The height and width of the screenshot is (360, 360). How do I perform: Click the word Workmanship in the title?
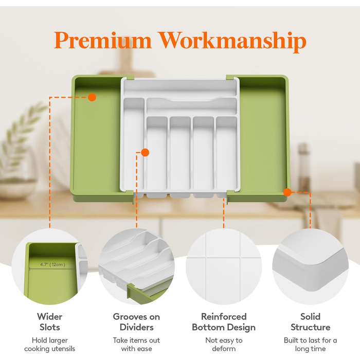[232, 42]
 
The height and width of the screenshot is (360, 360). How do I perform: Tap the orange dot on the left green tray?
[92, 97]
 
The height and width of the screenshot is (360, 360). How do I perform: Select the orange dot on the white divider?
[145, 152]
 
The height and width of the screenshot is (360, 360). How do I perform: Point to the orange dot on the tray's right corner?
[287, 192]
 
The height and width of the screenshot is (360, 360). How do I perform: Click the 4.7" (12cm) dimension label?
[53, 264]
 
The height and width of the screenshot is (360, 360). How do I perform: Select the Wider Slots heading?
[49, 322]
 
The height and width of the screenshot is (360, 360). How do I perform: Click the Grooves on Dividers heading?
[136, 322]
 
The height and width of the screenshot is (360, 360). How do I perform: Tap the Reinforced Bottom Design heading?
[224, 322]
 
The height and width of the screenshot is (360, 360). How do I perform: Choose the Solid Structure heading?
[311, 322]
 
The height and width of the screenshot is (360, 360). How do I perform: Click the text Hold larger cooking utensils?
[49, 345]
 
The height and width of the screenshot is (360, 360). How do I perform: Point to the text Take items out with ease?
[136, 345]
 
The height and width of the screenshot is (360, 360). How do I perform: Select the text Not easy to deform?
[224, 345]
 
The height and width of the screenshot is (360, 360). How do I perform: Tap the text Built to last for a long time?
[311, 345]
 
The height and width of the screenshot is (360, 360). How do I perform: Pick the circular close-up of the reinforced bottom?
[224, 266]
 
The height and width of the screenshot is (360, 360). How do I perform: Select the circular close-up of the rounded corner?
[311, 266]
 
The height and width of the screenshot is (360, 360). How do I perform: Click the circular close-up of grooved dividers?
[136, 266]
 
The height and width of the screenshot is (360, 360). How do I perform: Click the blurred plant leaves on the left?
[22, 133]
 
